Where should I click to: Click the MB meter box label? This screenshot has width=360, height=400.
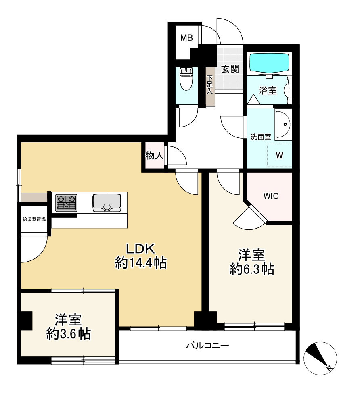[186, 38]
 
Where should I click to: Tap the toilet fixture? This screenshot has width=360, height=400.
[186, 80]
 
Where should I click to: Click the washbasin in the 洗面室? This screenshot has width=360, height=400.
[283, 124]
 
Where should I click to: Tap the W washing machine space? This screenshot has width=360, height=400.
[279, 155]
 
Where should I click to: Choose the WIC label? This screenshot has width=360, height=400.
[271, 196]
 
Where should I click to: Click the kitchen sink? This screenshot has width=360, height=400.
[107, 202]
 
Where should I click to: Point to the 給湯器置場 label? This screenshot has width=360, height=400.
[34, 220]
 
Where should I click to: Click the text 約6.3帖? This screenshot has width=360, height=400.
[252, 269]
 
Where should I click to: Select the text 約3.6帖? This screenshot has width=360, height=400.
[68, 334]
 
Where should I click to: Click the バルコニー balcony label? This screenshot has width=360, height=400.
[207, 346]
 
